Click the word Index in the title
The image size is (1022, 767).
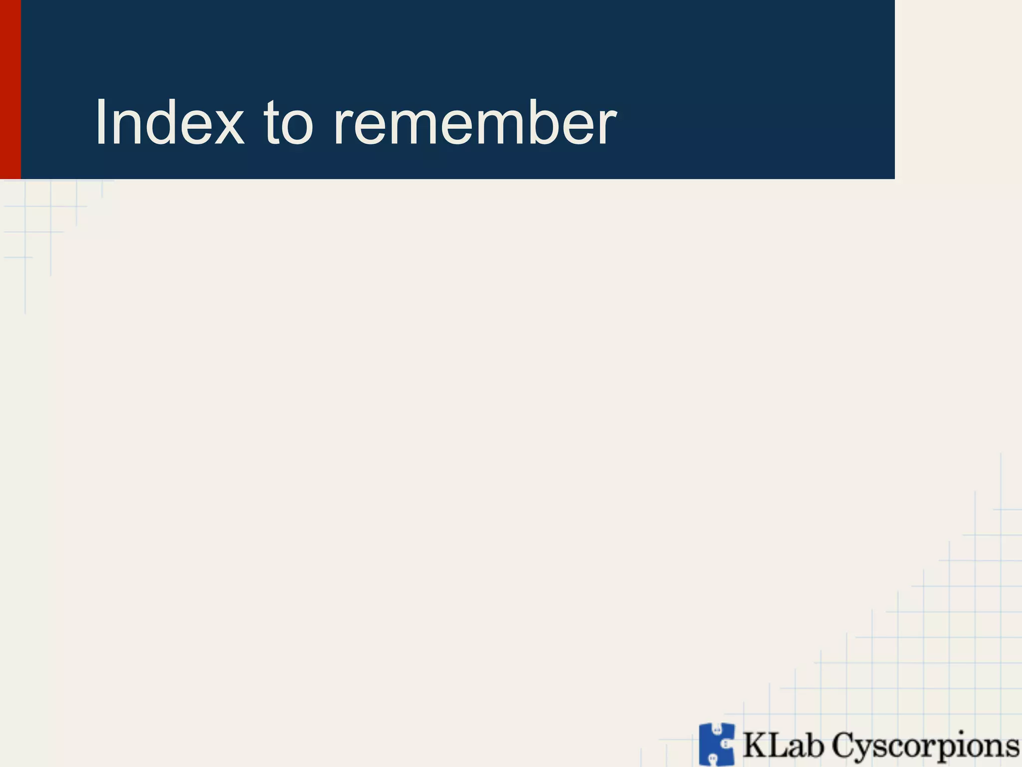(170, 122)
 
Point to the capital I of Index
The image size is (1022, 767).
(100, 122)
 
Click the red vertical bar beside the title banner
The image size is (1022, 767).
(10, 89)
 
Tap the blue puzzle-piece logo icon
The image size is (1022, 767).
(717, 744)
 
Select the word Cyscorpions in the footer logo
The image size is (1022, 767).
(926, 747)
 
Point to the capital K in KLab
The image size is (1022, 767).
(755, 746)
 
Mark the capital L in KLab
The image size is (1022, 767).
(775, 746)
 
